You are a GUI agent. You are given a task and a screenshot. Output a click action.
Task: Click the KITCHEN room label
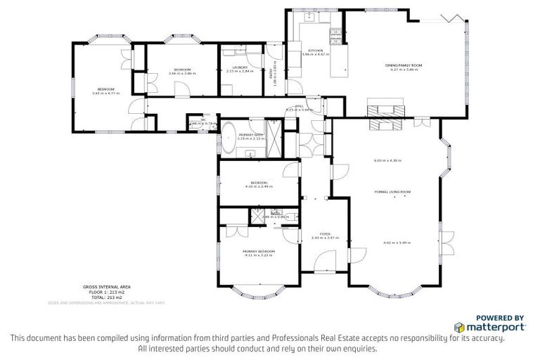(314, 51)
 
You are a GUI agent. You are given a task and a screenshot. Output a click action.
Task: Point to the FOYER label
(325, 233)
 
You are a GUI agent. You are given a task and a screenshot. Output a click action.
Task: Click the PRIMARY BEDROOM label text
(259, 251)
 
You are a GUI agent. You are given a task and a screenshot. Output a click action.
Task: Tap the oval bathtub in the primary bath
(230, 133)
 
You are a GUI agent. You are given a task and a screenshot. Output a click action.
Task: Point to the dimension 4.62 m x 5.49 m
(396, 243)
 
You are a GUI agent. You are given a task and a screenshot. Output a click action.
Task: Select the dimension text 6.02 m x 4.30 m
(387, 161)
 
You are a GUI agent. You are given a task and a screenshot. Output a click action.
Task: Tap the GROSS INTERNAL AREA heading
(105, 287)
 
